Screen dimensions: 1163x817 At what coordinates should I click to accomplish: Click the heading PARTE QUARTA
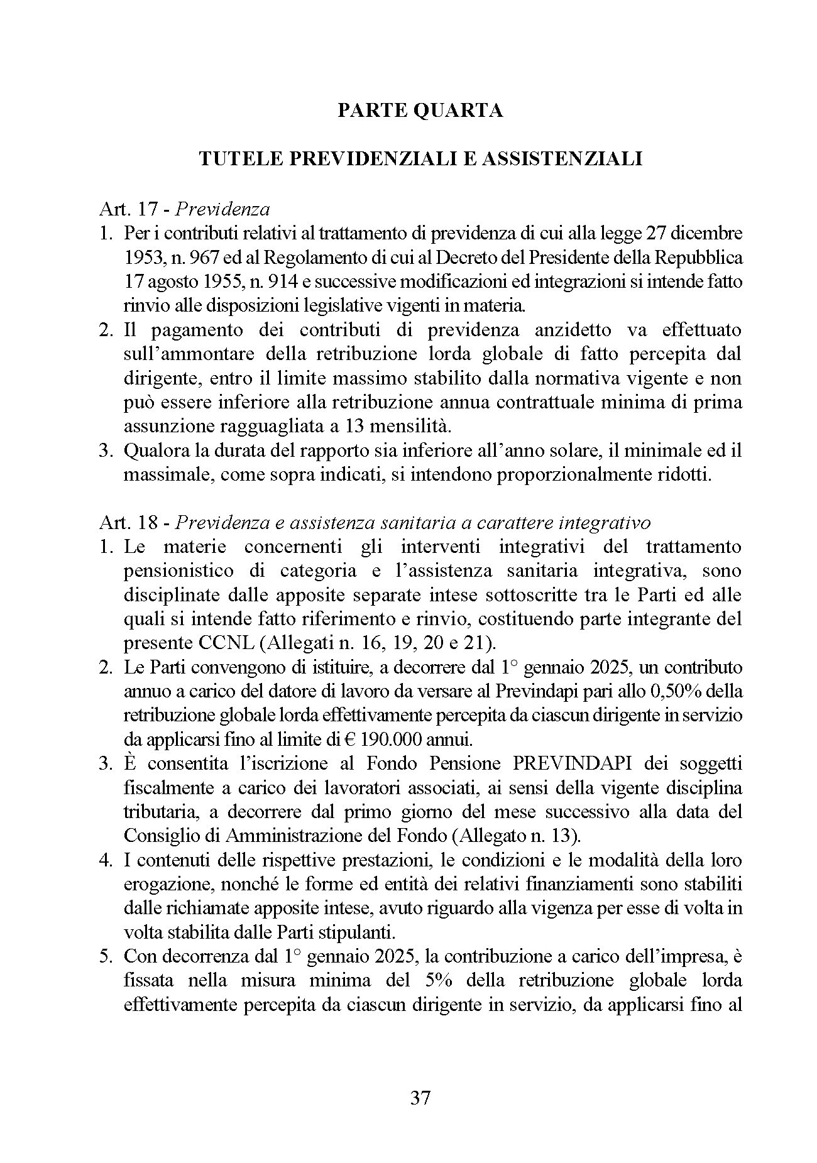[x=420, y=111]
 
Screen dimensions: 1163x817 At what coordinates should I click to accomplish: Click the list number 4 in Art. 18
[x=105, y=860]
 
